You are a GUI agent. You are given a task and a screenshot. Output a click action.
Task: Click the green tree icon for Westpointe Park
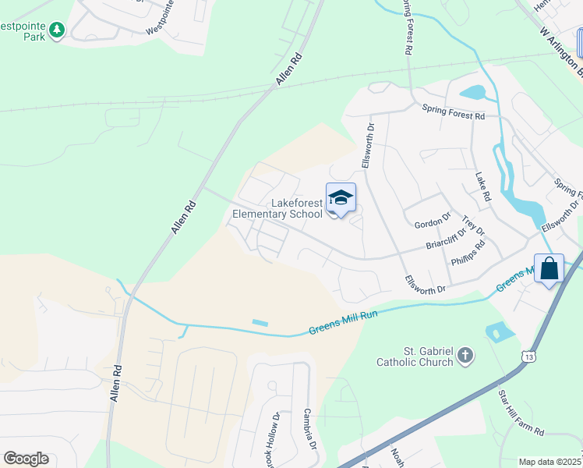56,30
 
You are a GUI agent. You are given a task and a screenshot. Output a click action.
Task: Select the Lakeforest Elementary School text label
277,208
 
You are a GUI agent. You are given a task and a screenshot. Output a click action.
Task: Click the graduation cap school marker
341,198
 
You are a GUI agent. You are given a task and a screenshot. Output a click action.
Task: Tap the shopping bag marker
549,268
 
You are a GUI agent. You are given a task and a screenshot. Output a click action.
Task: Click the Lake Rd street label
484,187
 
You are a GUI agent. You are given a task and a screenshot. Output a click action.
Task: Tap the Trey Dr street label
473,227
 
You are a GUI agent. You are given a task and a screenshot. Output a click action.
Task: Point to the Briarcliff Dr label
445,238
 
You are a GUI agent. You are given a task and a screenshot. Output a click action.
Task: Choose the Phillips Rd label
468,254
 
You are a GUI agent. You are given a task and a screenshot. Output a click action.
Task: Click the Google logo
26,459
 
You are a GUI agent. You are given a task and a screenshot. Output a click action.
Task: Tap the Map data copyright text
550,462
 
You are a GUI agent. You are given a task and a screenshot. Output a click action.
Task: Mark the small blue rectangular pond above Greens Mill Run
260,323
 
